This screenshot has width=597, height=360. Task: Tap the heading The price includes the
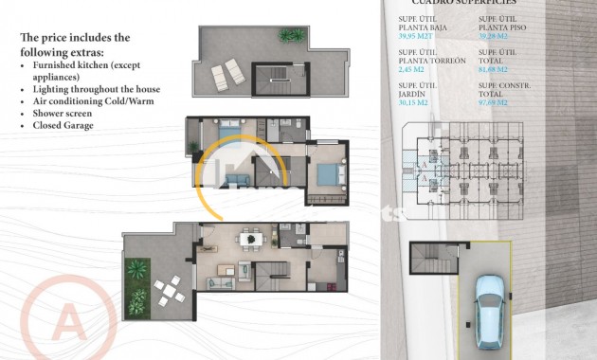point(75,37)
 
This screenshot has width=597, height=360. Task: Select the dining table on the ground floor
point(252,240)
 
